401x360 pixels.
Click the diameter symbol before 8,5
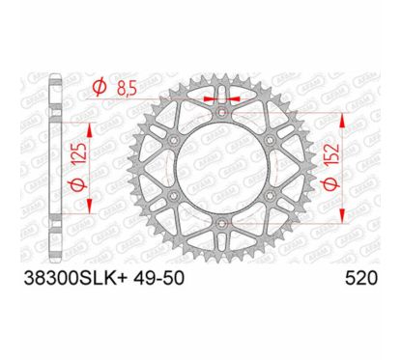click(x=100, y=90)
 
